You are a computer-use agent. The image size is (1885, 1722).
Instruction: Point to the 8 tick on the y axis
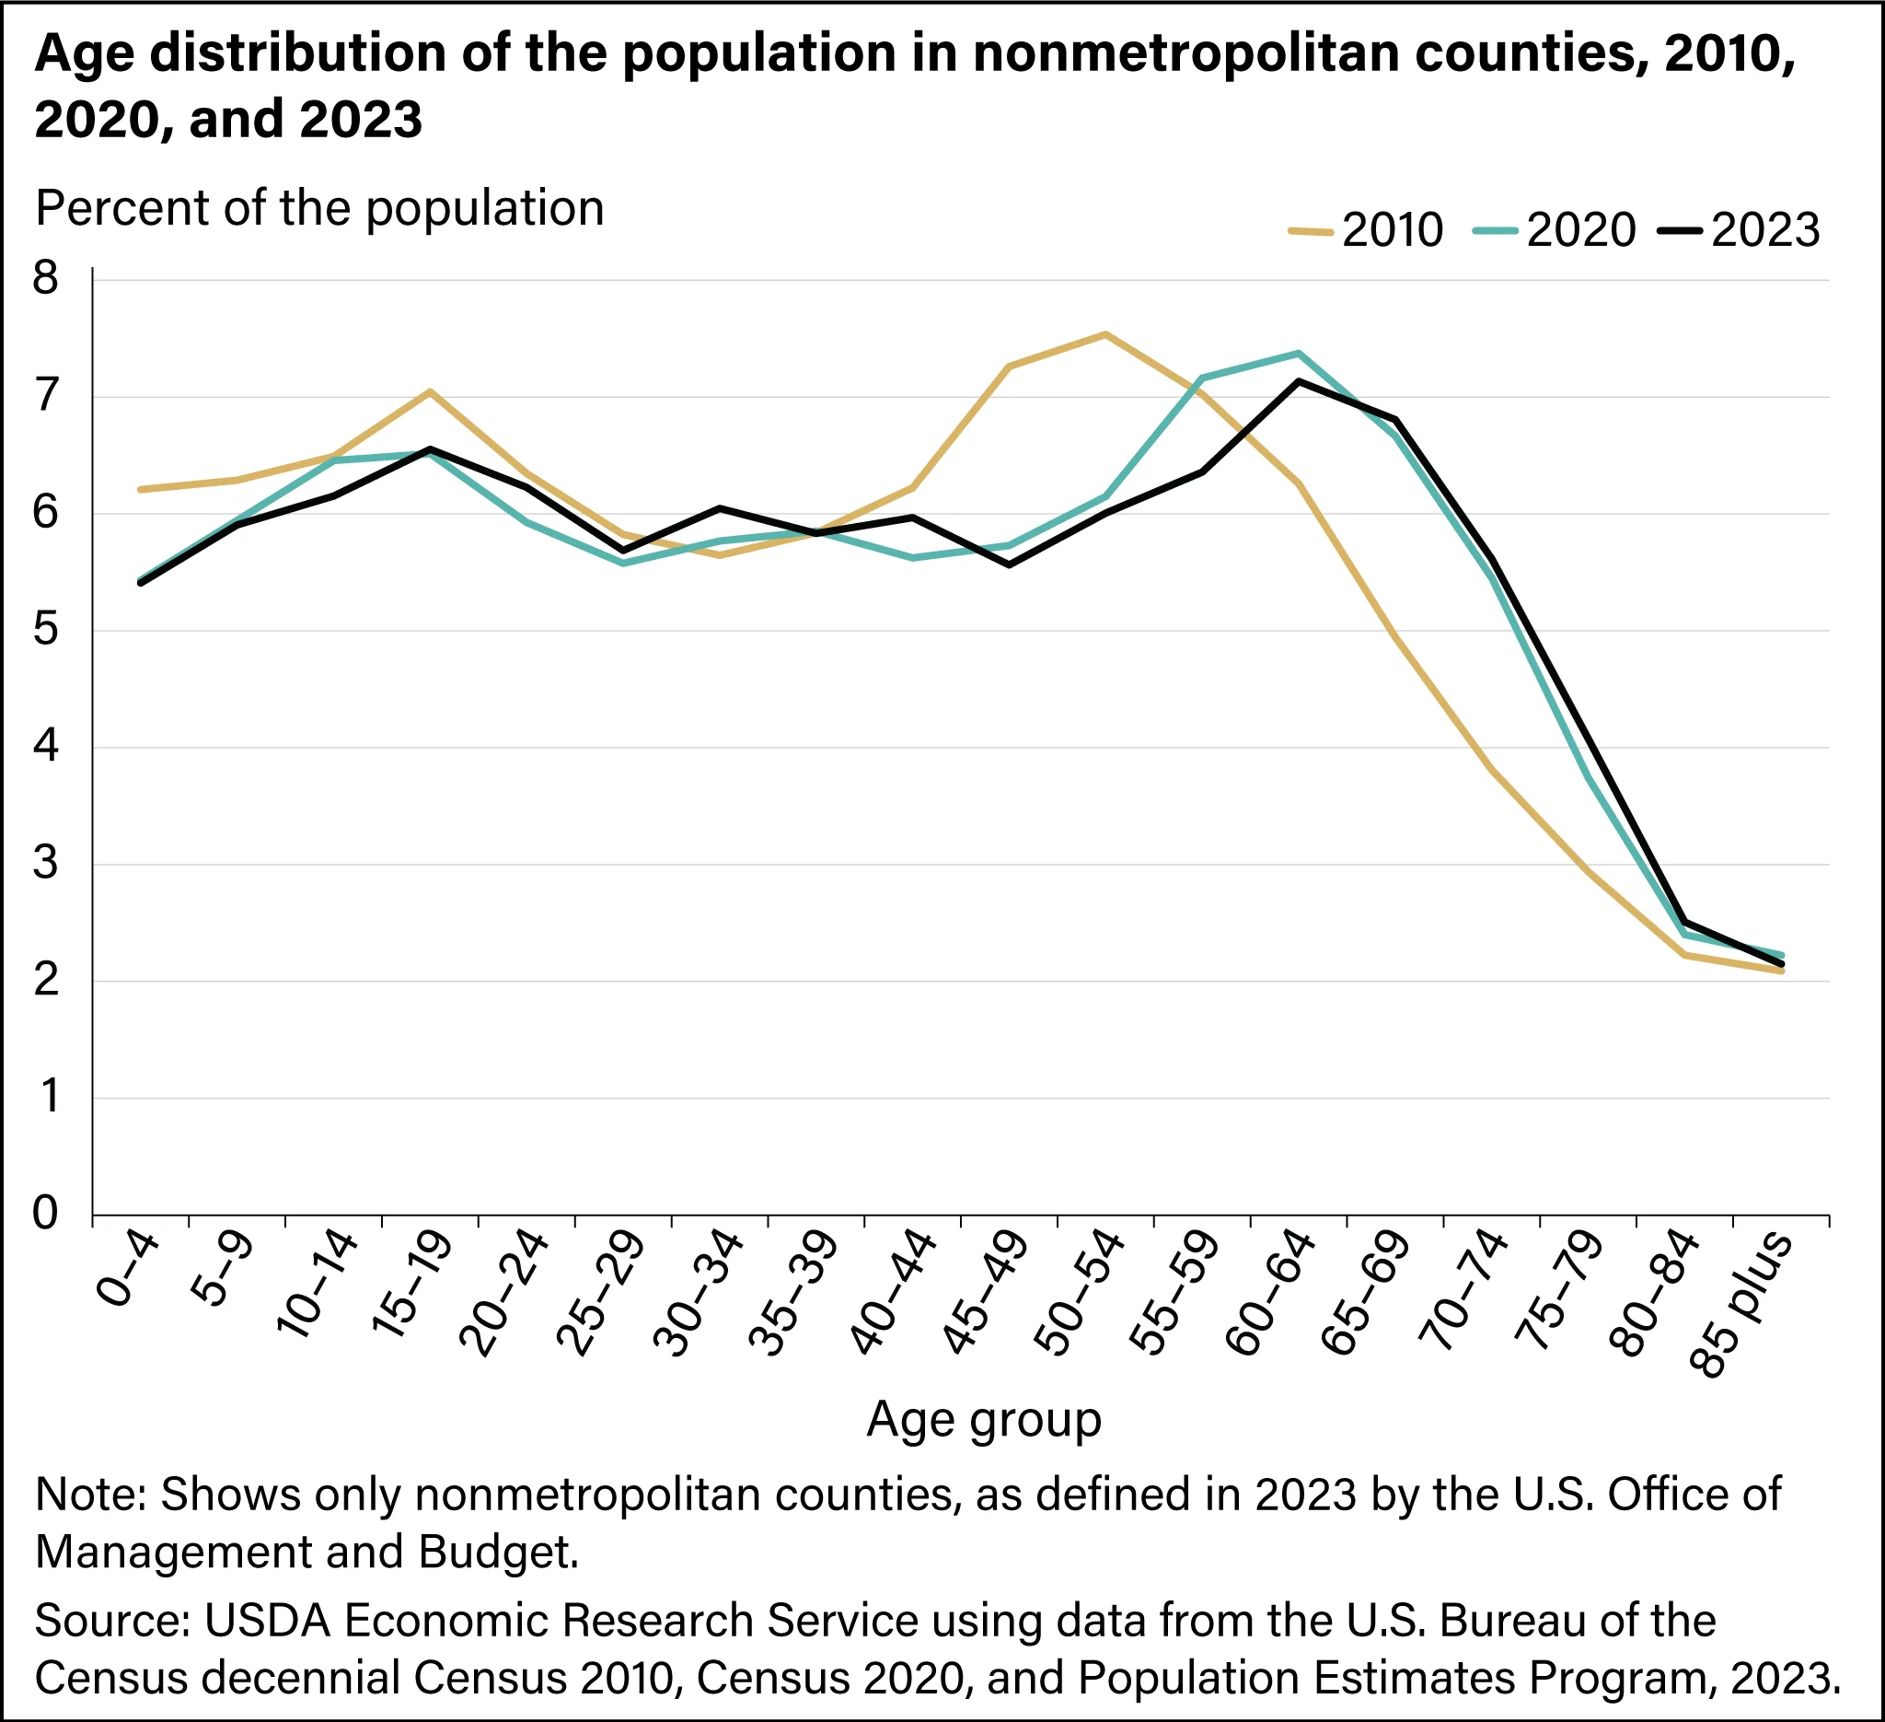click(x=46, y=279)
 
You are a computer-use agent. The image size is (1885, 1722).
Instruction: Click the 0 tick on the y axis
click(x=46, y=1215)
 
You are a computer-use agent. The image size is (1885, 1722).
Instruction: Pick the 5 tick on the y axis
click(x=46, y=631)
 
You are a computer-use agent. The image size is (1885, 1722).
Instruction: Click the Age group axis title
click(x=984, y=1419)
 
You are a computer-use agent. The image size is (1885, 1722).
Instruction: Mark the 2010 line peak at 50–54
click(x=1105, y=334)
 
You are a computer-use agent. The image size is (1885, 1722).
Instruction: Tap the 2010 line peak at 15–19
click(x=429, y=391)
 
